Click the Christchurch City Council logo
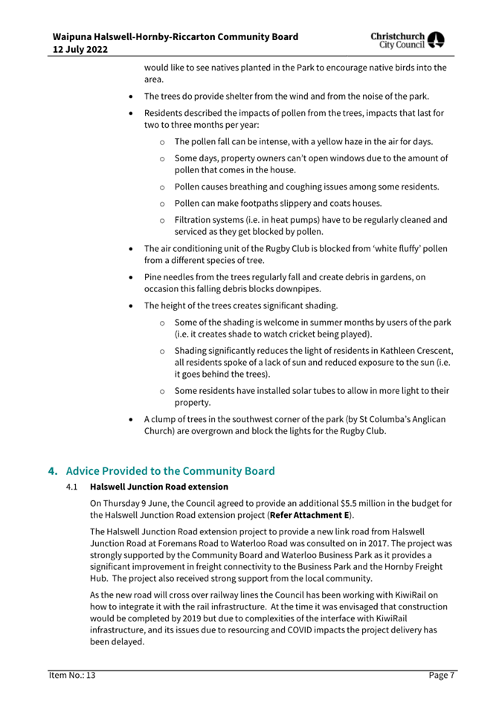tap(422, 42)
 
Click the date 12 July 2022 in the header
tap(82, 49)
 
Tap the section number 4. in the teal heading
tap(54, 470)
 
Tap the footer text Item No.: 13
tap(68, 675)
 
